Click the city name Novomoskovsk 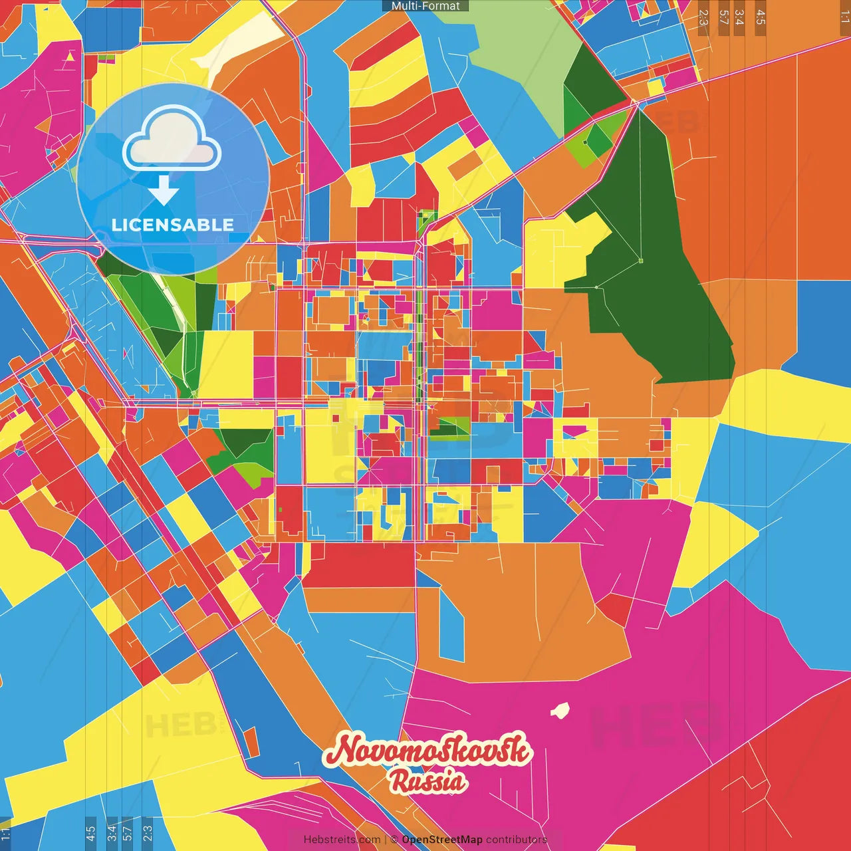point(427,750)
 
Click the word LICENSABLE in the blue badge point(172,225)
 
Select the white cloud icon point(172,140)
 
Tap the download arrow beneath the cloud point(164,190)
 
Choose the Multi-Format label point(425,6)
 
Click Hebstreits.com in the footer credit point(342,840)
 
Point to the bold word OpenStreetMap point(442,840)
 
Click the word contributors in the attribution point(517,840)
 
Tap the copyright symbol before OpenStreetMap point(394,840)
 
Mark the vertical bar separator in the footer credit point(386,840)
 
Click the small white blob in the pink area point(560,711)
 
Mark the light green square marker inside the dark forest point(641,261)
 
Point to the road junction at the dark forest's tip point(636,103)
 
